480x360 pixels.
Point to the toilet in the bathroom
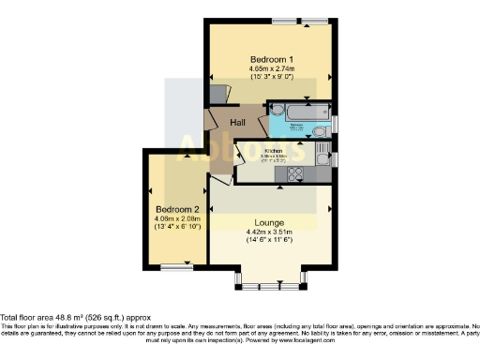pos(320,131)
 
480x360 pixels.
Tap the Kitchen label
pos(274,150)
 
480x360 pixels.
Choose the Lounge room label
pos(269,222)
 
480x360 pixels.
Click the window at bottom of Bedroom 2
pos(175,267)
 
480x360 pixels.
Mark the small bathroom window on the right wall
pos(335,123)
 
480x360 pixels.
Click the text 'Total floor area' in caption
pos(27,317)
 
